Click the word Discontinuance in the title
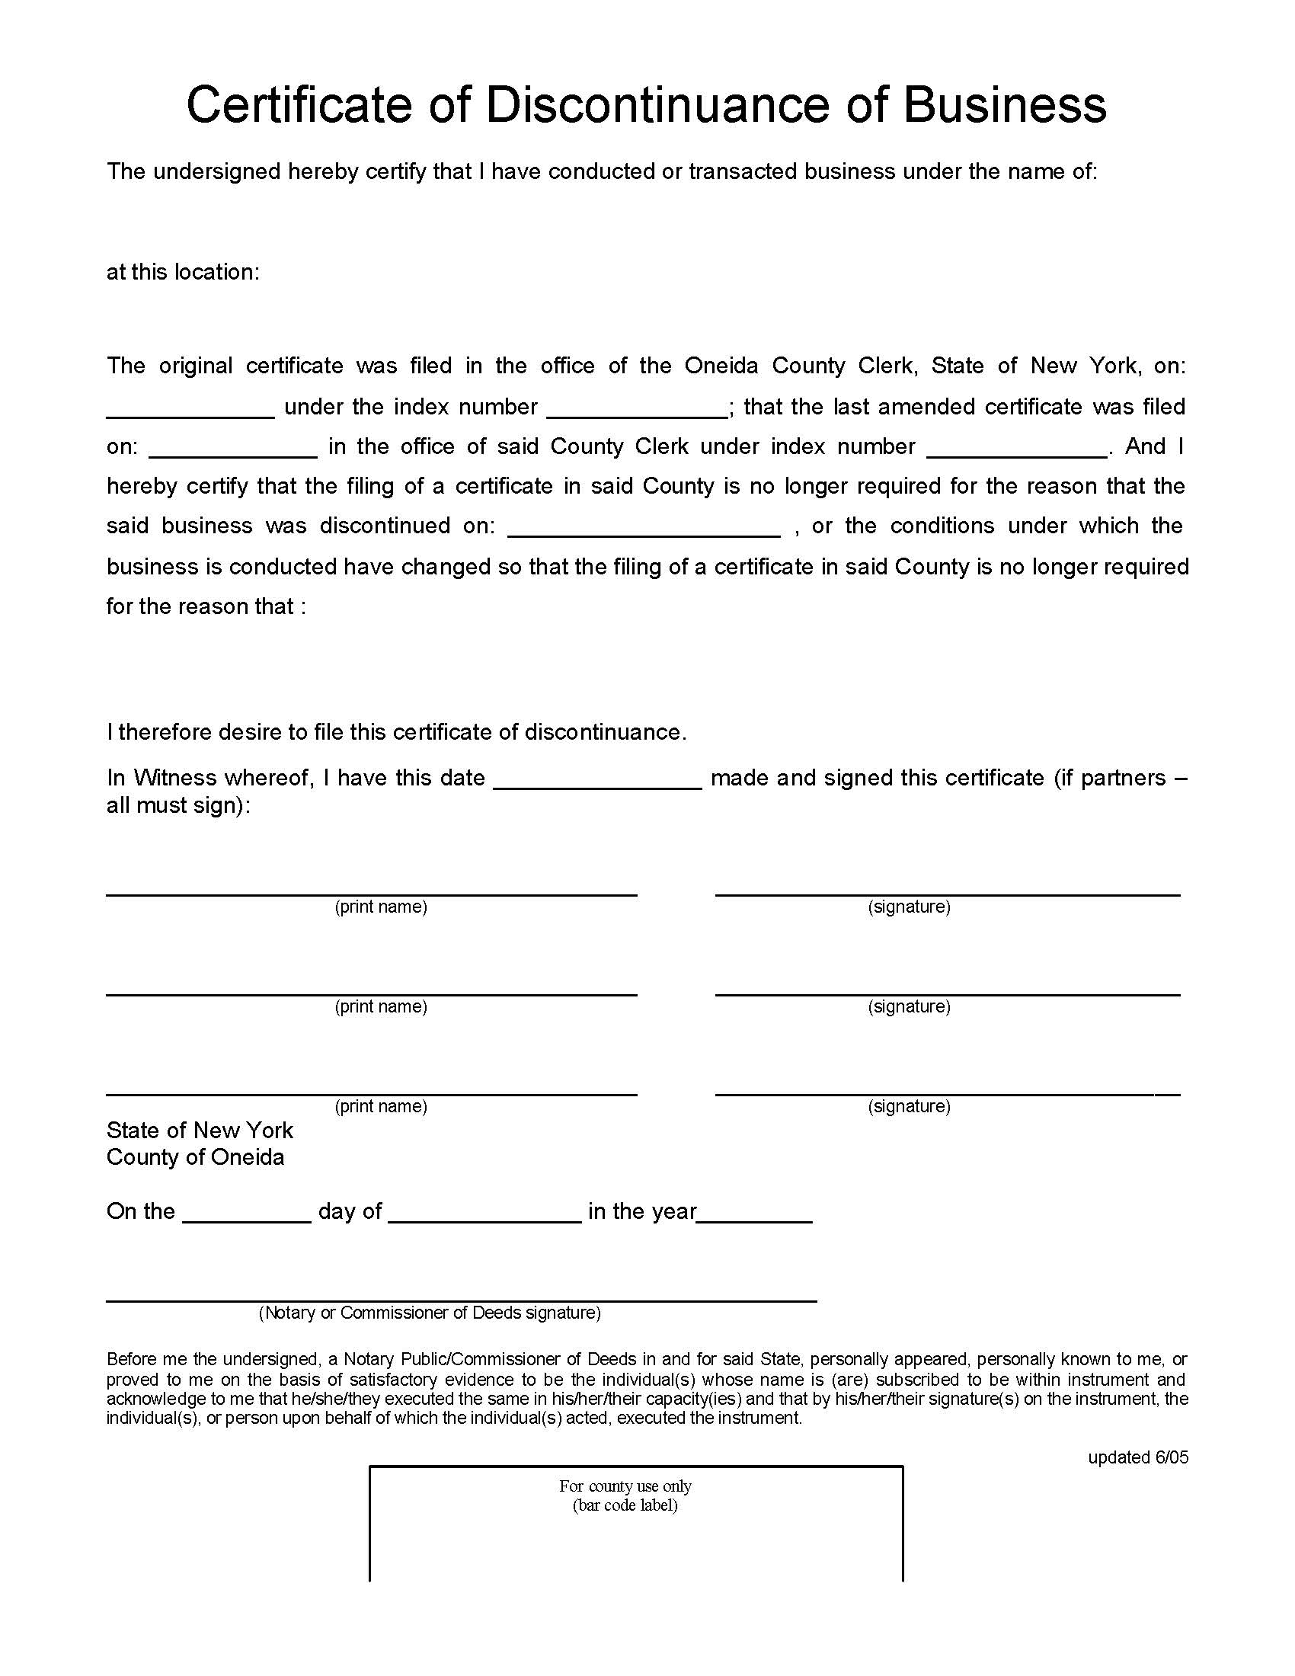[657, 104]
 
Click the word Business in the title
[1004, 104]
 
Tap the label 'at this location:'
[184, 273]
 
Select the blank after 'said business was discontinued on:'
[644, 528]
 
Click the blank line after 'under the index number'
[637, 409]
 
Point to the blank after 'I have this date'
[598, 779]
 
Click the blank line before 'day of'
[247, 1214]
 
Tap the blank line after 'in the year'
[755, 1214]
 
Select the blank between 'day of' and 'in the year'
[484, 1214]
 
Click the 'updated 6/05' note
[1138, 1457]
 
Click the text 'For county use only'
[625, 1486]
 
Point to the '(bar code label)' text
[625, 1505]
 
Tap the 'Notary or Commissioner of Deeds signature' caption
[430, 1313]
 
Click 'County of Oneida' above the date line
[195, 1157]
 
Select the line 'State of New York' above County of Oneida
[200, 1131]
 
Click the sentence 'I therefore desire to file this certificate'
[397, 732]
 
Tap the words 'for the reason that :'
[206, 607]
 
